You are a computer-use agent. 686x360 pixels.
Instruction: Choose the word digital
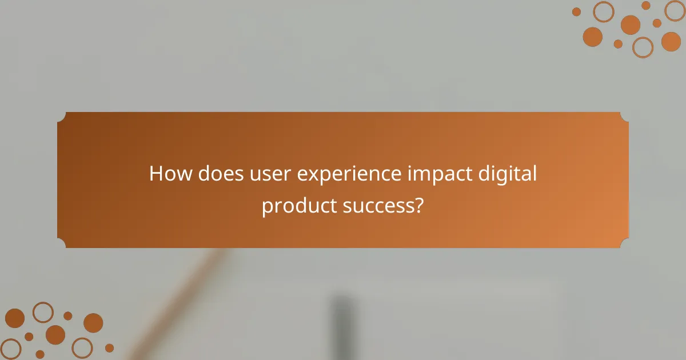pyautogui.click(x=508, y=174)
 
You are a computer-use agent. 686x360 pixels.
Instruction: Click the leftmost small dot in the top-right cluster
pyautogui.click(x=576, y=11)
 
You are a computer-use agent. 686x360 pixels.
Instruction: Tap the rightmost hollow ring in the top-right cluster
pyautogui.click(x=675, y=10)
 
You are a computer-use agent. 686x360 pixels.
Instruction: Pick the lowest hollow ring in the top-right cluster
pyautogui.click(x=643, y=47)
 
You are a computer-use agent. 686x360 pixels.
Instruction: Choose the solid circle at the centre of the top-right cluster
pyautogui.click(x=630, y=25)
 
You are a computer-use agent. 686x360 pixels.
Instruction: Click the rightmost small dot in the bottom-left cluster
pyautogui.click(x=109, y=347)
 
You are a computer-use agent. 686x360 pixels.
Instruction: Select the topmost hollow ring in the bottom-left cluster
pyautogui.click(x=43, y=312)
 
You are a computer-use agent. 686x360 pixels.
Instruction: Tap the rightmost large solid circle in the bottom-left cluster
pyautogui.click(x=93, y=323)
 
